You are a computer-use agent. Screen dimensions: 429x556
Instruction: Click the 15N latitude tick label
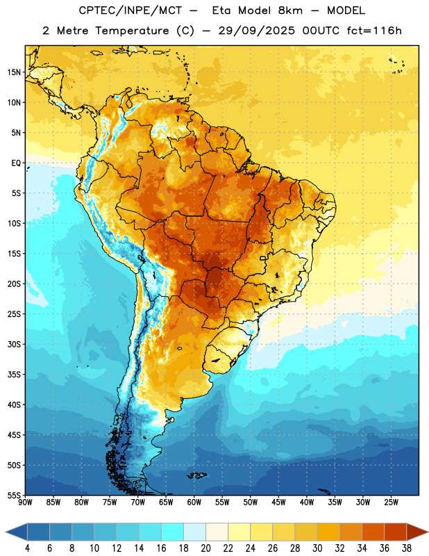[x=14, y=72]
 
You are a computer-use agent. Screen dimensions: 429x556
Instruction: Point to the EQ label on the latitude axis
[x=16, y=163]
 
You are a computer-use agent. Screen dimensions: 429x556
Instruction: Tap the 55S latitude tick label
[x=14, y=496]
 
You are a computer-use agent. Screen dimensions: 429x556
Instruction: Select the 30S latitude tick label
[x=14, y=344]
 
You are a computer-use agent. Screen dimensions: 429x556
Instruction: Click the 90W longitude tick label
[x=25, y=502]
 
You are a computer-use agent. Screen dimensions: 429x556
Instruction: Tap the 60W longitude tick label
[x=194, y=502]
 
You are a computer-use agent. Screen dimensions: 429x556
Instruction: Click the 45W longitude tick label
[x=279, y=502]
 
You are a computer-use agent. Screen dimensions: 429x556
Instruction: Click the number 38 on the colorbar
[x=407, y=548]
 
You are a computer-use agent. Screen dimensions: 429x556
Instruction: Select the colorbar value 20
[x=205, y=548]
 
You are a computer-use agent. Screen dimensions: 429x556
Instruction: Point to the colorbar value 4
[x=27, y=548]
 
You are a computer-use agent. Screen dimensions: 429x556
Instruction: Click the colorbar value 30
[x=317, y=548]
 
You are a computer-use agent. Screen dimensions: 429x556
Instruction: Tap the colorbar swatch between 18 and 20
[x=194, y=532]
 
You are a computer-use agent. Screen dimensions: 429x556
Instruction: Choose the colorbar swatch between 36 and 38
[x=396, y=532]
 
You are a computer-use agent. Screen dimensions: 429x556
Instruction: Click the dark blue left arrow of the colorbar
[x=16, y=532]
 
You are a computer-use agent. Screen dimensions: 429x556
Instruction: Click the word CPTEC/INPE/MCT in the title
[x=130, y=10]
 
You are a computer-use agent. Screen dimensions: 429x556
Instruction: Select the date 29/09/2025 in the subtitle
[x=256, y=31]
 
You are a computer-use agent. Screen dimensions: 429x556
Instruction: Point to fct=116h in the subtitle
[x=374, y=31]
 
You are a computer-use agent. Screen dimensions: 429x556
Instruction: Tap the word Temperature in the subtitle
[x=132, y=31]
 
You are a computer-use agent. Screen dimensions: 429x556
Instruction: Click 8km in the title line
[x=290, y=10]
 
